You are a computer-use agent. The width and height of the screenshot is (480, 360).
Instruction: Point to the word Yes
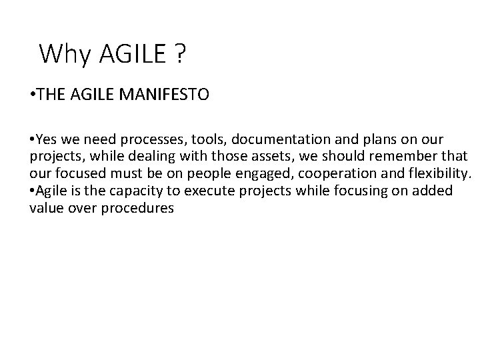coord(48,141)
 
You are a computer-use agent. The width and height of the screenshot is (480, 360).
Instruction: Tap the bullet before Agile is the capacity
coord(33,191)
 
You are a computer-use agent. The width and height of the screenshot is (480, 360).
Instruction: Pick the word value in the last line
coord(46,207)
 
